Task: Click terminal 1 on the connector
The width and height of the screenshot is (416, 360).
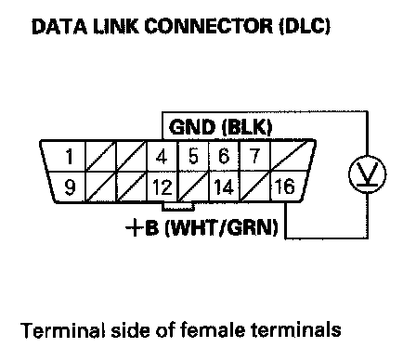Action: point(70,156)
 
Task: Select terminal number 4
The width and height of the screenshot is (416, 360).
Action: point(162,156)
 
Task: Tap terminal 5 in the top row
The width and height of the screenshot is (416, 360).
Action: point(193,156)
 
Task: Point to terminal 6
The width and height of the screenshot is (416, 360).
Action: point(224,156)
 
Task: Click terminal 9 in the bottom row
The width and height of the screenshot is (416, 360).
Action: point(70,187)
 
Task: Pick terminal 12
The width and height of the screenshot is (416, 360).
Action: point(162,187)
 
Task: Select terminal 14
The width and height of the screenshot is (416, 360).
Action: point(224,186)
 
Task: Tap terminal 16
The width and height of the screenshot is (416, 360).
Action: point(285,186)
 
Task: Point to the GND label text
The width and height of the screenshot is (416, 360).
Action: point(192,127)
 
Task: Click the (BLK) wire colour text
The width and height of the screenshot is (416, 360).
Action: point(247,127)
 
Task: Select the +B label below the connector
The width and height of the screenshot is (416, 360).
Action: point(143,227)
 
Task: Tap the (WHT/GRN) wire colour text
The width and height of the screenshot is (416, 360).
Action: point(222,228)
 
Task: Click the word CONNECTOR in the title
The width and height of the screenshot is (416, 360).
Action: point(209,26)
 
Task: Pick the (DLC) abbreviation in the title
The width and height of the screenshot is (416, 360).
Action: point(305,27)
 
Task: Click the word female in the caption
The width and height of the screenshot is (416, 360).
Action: point(214,330)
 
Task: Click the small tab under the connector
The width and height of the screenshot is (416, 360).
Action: point(178,206)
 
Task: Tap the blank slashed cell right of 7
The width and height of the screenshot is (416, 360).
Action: point(292,156)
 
